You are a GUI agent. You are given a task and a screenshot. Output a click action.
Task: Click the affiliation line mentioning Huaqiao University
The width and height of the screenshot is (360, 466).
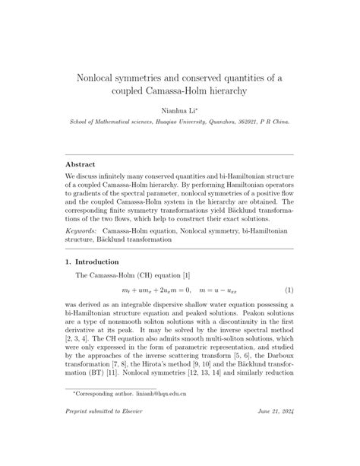click(x=180, y=122)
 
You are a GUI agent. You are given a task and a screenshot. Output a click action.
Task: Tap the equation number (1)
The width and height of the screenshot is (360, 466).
click(x=289, y=291)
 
